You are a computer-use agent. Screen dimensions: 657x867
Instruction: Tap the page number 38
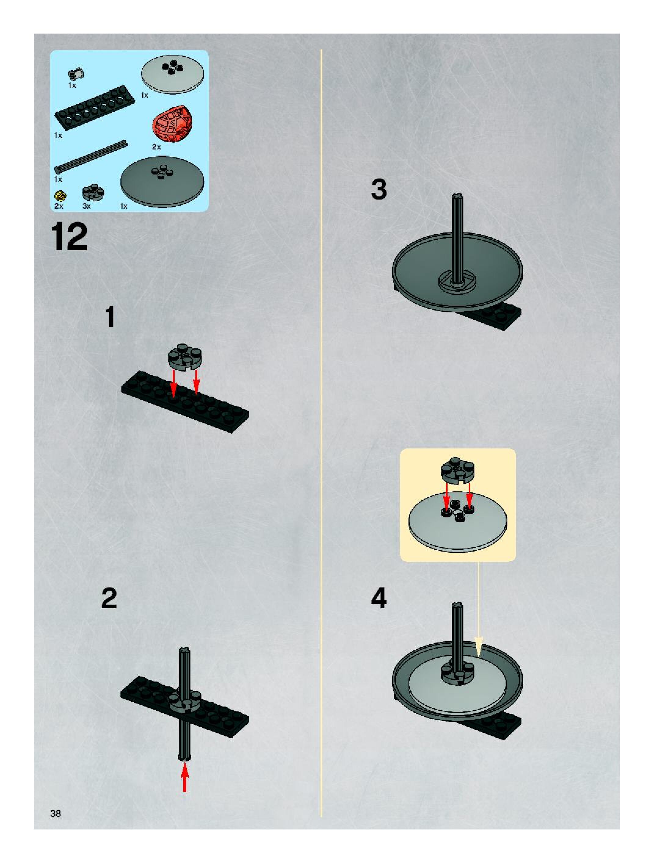56,813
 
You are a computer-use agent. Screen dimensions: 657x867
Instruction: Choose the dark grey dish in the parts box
162,182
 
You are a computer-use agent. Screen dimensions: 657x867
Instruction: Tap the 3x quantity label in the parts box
87,206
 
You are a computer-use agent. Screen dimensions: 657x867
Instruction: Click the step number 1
110,317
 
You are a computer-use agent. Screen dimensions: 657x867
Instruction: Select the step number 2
109,599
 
